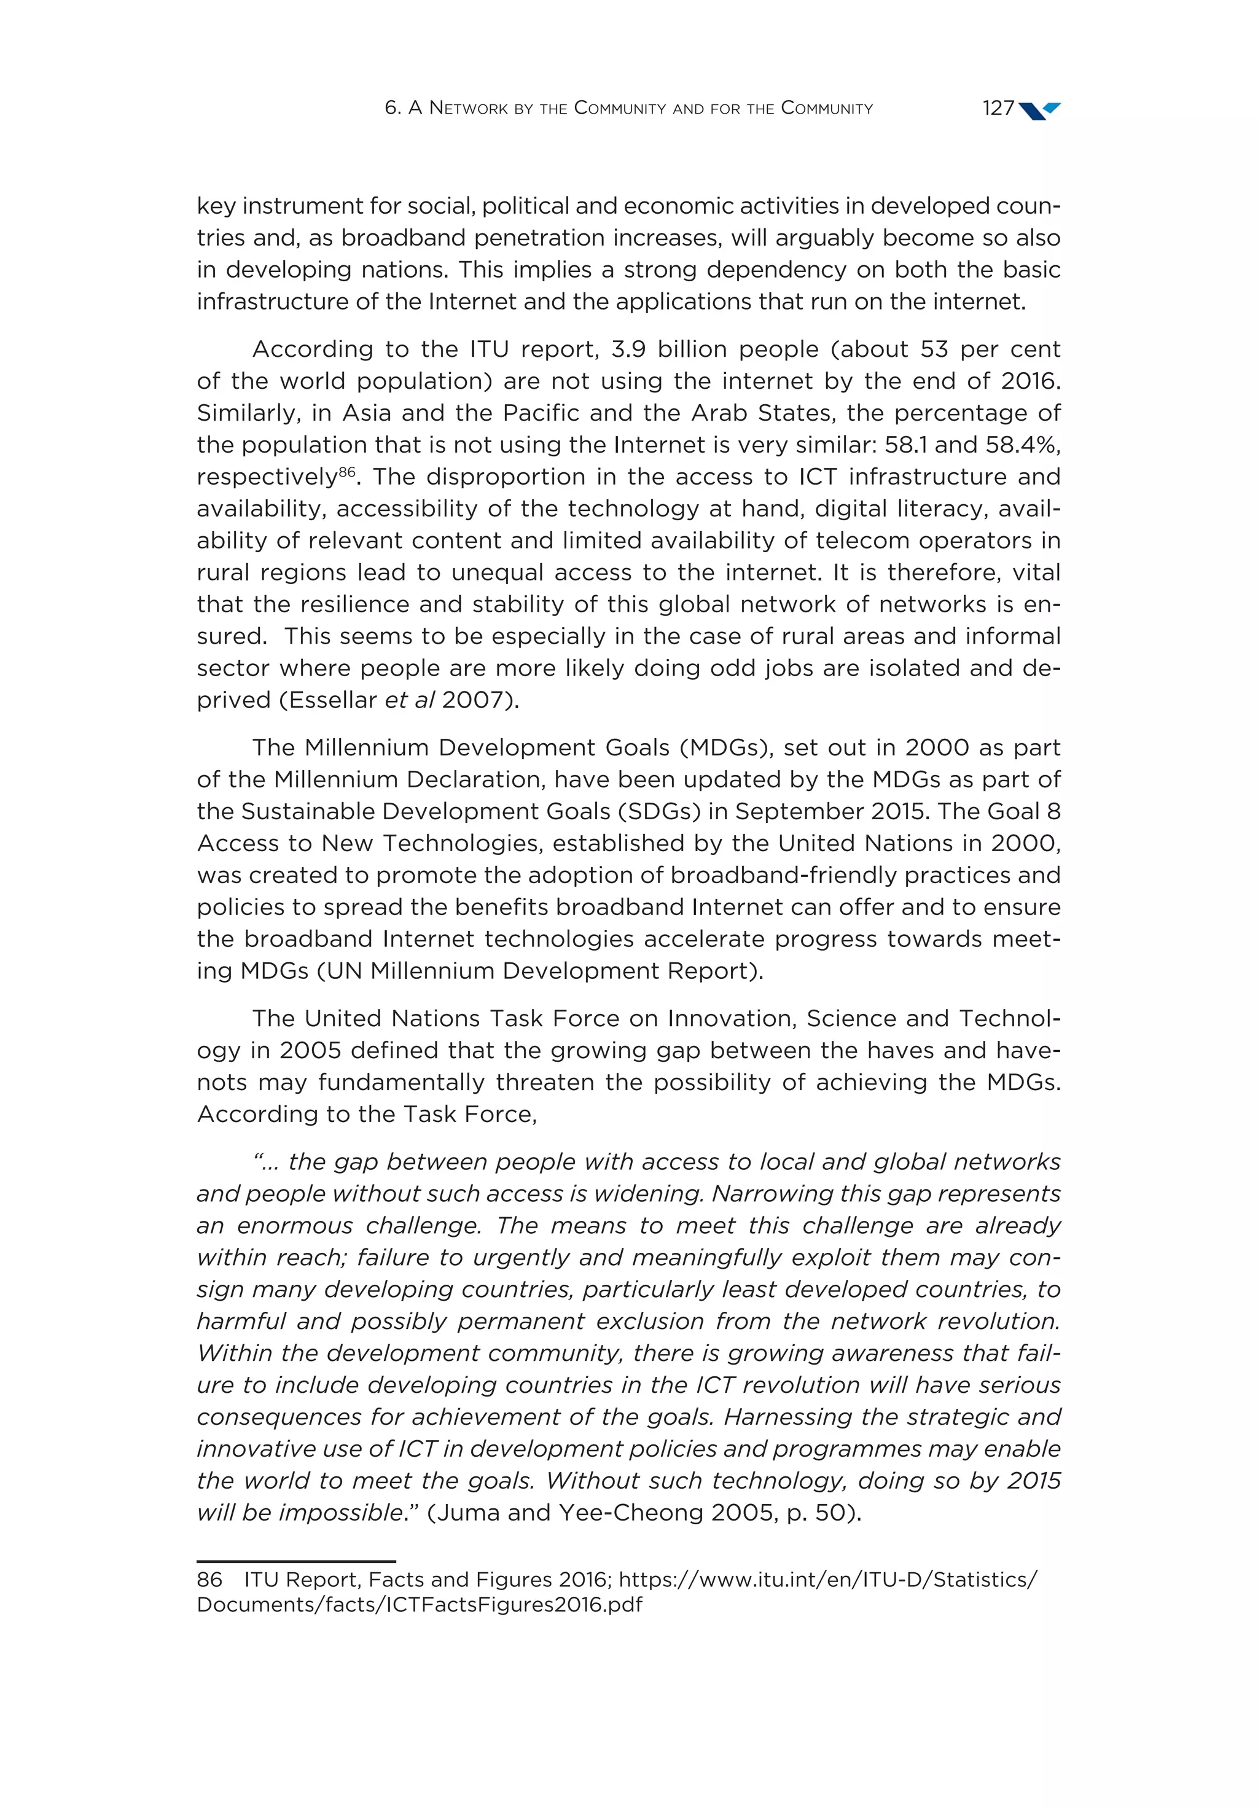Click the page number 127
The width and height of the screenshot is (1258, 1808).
tap(998, 108)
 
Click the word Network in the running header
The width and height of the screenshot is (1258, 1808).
tap(469, 108)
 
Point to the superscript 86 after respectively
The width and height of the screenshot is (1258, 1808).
tap(346, 471)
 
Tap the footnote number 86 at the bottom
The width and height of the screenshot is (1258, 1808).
tap(209, 1580)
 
